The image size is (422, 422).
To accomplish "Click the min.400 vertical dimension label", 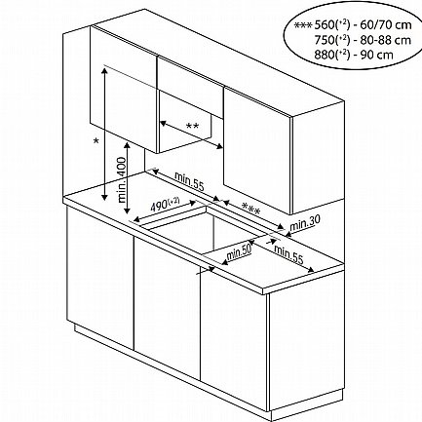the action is click(x=122, y=179).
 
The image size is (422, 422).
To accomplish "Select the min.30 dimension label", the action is click(x=305, y=222).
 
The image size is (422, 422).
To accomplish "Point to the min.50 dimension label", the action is click(x=239, y=251).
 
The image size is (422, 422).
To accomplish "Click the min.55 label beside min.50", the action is click(x=288, y=254).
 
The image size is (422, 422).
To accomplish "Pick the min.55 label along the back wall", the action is click(x=189, y=181).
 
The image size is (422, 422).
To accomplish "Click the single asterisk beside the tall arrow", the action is click(x=96, y=141).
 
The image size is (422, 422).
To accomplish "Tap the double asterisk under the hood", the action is click(x=192, y=126).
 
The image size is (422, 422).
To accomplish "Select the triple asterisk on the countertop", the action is click(x=251, y=209).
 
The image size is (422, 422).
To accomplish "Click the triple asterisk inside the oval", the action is click(x=303, y=25).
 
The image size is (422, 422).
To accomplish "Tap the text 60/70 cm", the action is click(x=386, y=25).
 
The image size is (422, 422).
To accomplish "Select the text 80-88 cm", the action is click(x=386, y=40).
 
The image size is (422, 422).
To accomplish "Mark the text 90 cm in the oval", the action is click(x=377, y=55).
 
